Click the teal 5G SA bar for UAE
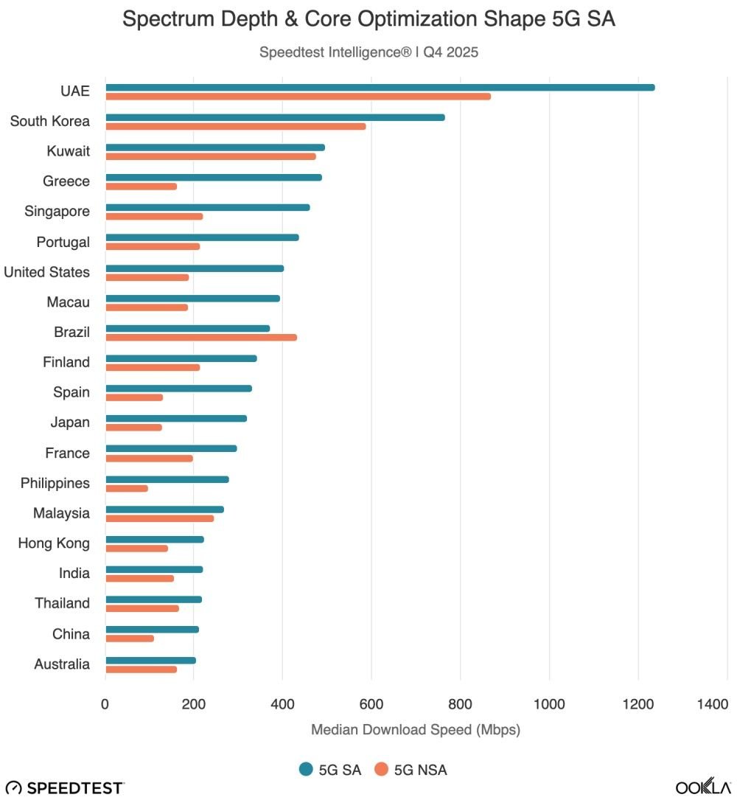(380, 87)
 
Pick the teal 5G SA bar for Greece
(214, 177)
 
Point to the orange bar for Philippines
(126, 488)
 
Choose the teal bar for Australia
(150, 660)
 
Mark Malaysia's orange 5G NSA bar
(159, 518)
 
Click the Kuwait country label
(68, 151)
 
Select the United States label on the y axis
(46, 272)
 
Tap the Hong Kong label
(54, 543)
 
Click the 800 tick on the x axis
(461, 704)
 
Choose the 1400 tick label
(713, 704)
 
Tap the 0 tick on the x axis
(105, 704)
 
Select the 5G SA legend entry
(330, 770)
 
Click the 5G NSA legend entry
(411, 770)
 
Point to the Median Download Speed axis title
(416, 730)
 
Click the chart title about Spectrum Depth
(368, 20)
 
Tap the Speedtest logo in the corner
(65, 787)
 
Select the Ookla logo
(703, 787)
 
